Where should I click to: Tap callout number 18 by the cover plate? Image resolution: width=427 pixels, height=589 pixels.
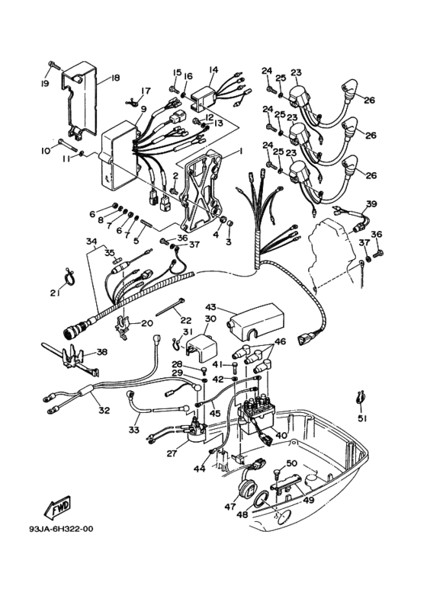[x=115, y=78]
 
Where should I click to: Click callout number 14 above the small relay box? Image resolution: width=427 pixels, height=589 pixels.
[x=213, y=69]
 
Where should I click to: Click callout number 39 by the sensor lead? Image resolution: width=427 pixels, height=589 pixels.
[x=371, y=203]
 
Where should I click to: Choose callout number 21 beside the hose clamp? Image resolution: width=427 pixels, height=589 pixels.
[x=55, y=293]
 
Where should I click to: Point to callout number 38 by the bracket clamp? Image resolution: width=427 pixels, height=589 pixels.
[x=101, y=353]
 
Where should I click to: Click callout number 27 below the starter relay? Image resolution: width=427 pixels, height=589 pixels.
[x=171, y=453]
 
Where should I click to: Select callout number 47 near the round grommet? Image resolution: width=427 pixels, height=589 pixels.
[x=230, y=505]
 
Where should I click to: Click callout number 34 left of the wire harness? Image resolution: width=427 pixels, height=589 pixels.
[x=91, y=242]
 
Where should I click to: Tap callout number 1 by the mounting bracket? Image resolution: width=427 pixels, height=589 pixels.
[x=240, y=152]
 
